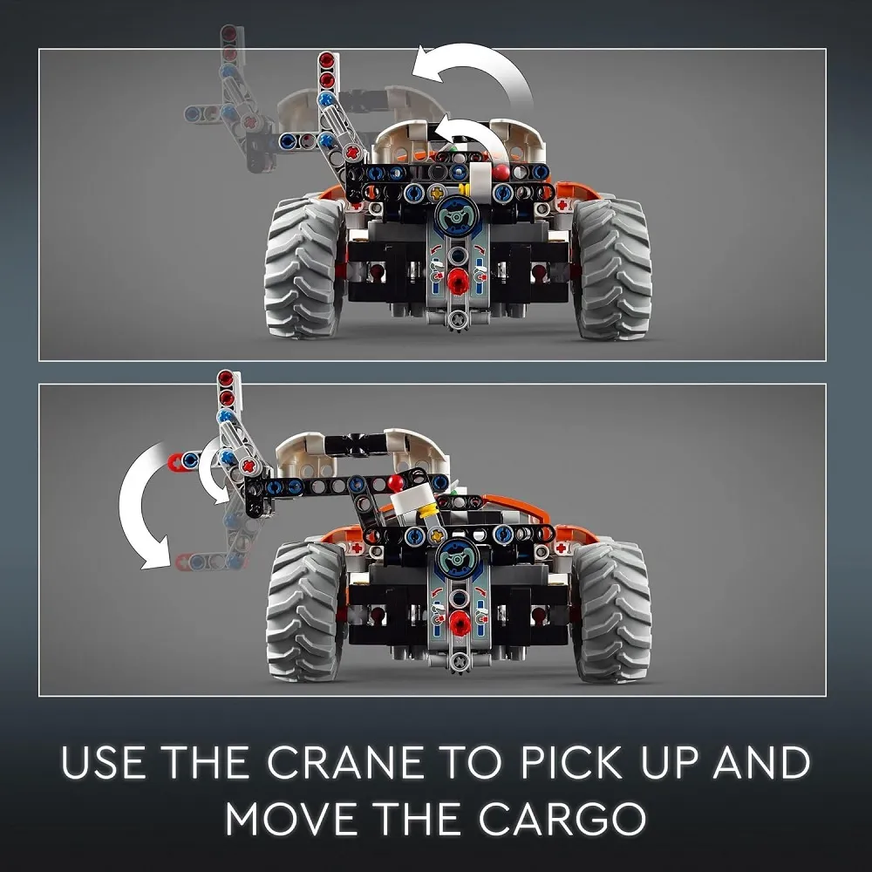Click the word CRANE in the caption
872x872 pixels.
[345, 762]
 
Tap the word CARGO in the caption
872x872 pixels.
[562, 818]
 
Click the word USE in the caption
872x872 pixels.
[104, 762]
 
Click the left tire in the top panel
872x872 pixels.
[303, 268]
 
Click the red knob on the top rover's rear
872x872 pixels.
[458, 281]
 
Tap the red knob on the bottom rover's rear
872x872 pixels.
[460, 623]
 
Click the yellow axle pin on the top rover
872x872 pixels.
[438, 193]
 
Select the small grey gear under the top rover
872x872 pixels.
[457, 321]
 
